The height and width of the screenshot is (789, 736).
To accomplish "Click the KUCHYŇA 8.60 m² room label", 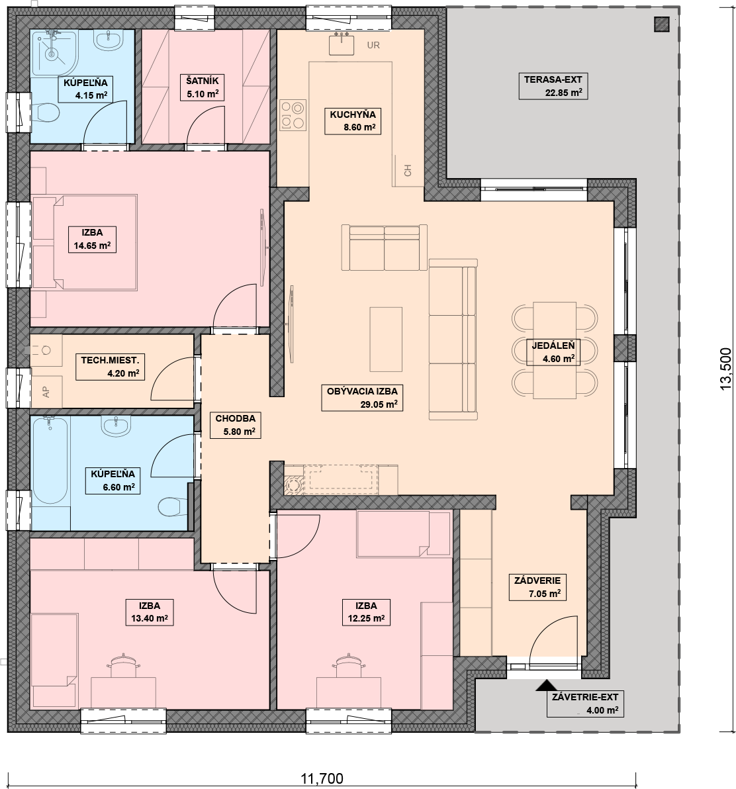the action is (353, 120).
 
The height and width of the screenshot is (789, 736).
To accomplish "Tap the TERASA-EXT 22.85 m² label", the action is (553, 85).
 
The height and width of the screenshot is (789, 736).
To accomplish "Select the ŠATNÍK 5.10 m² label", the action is (203, 87).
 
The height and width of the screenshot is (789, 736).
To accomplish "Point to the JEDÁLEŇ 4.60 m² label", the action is (553, 352).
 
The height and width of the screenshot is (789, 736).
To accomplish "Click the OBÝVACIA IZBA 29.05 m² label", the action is (361, 398).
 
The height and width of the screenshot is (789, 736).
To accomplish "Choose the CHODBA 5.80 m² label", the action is (236, 425).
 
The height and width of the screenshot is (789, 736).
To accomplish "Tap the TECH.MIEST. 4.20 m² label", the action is (110, 366).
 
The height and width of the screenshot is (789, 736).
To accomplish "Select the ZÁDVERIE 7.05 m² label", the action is (537, 586).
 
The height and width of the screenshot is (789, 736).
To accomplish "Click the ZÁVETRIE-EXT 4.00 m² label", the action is (585, 704).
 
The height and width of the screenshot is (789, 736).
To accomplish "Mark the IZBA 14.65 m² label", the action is (92, 239).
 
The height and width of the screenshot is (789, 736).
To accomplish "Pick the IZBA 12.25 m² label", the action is (366, 612).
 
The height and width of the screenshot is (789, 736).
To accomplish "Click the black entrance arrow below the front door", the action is (545, 685).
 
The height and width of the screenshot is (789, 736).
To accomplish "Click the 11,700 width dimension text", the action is (322, 778).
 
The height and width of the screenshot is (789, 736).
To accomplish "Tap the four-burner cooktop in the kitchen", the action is (293, 115).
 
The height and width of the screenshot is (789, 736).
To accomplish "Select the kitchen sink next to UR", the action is (342, 44).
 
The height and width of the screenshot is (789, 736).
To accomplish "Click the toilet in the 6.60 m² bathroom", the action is (171, 506).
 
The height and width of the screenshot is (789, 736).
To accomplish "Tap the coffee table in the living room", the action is (386, 339).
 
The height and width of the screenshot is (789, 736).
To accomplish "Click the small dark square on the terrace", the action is (662, 24).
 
